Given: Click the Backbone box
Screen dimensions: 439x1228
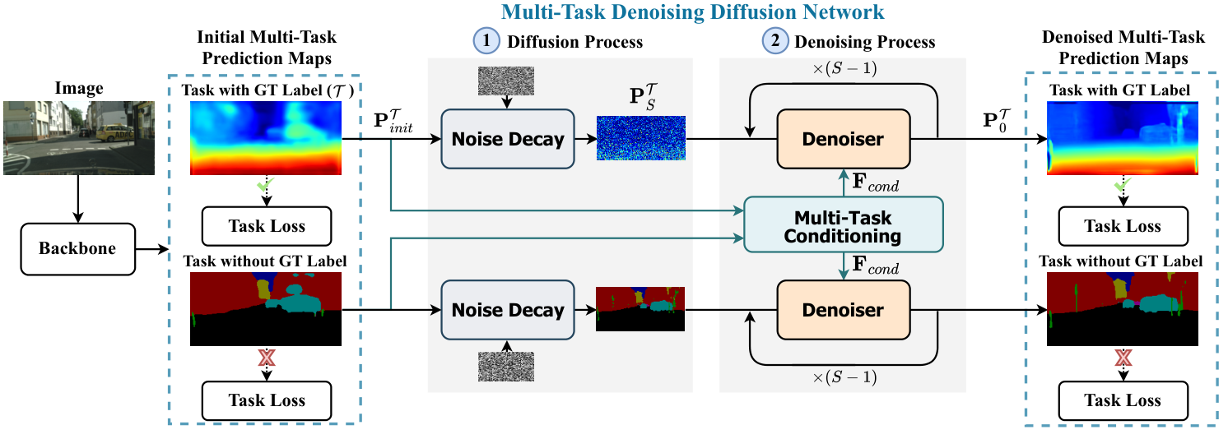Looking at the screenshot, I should (x=77, y=248).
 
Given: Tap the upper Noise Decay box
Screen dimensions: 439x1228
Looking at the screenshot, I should (x=508, y=139).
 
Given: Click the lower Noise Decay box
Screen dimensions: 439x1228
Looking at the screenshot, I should (x=508, y=310).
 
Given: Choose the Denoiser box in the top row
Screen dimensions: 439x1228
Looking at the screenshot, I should (x=843, y=139).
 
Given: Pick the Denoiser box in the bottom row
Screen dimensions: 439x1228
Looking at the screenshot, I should (x=843, y=310).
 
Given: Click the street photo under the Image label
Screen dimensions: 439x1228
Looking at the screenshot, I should (x=77, y=137).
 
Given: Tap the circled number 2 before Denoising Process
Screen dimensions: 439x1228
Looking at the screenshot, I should (x=776, y=42).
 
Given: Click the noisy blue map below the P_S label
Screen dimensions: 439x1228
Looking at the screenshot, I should (x=640, y=137).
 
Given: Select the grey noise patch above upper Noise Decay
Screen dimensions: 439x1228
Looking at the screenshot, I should (x=506, y=80).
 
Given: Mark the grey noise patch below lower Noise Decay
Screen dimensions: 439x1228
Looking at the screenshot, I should (x=506, y=366).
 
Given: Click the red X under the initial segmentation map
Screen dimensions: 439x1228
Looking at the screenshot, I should (x=266, y=358).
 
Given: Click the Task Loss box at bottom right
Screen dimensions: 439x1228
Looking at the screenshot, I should (x=1122, y=400).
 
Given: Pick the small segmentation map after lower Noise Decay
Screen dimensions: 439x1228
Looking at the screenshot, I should (x=640, y=309).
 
